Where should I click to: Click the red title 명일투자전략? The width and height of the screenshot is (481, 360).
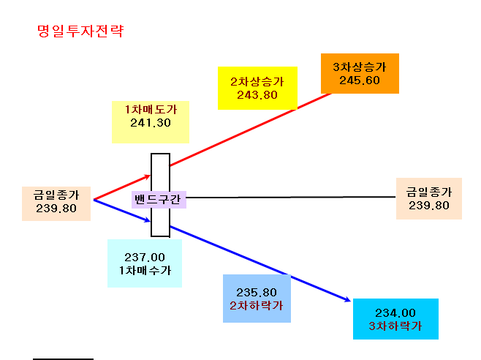[80, 31]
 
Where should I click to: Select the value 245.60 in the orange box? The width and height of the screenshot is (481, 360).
[360, 80]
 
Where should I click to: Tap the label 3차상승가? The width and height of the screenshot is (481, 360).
[360, 67]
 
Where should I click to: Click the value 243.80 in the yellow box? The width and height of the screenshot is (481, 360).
[257, 95]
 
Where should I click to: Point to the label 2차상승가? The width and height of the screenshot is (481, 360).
[257, 82]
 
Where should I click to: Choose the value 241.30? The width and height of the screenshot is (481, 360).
[151, 123]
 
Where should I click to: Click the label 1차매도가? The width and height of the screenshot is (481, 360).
[151, 110]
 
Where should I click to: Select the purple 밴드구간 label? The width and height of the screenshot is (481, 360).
[159, 200]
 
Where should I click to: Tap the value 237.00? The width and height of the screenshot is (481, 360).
[145, 257]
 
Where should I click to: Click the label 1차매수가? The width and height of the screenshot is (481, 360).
[145, 270]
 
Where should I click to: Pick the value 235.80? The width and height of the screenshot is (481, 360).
[257, 292]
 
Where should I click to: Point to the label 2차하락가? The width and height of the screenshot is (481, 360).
[257, 306]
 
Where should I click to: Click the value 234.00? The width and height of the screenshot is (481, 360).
[395, 312]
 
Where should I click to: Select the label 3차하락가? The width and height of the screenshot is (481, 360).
[395, 326]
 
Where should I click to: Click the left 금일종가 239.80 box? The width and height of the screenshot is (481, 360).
[56, 203]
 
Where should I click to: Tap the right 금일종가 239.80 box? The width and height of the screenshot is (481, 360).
[429, 198]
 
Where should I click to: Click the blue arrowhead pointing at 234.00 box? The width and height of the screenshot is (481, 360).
[348, 299]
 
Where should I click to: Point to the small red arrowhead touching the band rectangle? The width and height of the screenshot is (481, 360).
[148, 176]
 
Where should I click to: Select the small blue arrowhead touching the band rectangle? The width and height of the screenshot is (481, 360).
[147, 220]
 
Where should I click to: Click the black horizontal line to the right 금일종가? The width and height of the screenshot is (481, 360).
[291, 198]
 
